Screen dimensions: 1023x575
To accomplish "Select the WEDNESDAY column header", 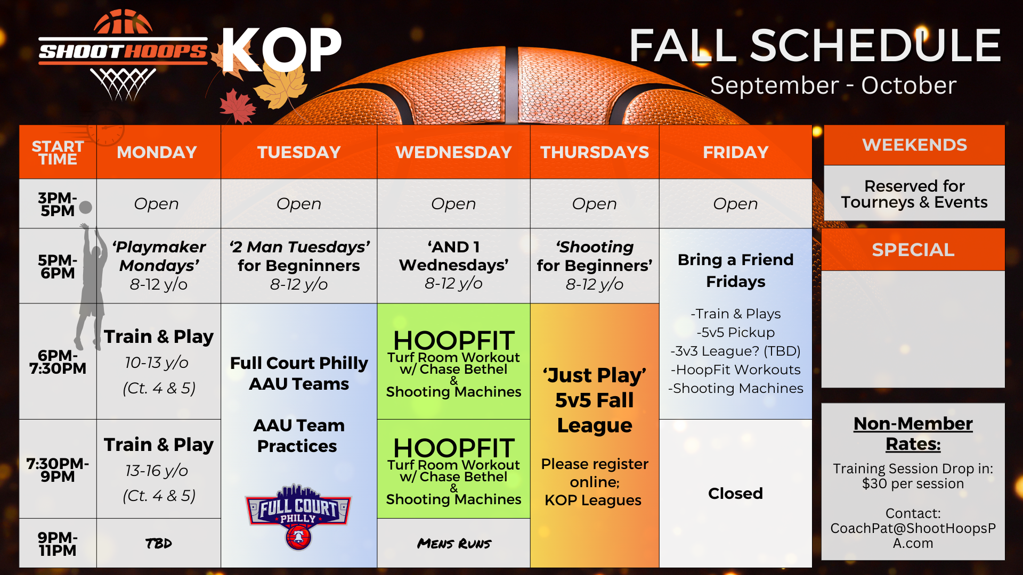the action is pos(453,152).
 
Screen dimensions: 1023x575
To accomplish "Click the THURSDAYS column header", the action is pos(595,152).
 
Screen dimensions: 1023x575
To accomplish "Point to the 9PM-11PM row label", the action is pos(58,544).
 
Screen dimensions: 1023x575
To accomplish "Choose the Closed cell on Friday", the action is pos(735,494).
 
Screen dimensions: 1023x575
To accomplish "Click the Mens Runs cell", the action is pos(453,543).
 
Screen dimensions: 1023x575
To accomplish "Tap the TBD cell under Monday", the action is pos(159,543).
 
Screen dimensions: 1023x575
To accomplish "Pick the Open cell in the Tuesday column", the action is pos(299,203).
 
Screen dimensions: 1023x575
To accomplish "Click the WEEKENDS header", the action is pos(914,145).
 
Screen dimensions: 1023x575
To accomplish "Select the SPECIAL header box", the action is pos(913,250).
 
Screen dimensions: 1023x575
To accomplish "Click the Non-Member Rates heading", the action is pos(913,433).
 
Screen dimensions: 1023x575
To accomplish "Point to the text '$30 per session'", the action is pos(913,483).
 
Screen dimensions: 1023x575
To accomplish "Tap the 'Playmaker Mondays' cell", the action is pos(159,266).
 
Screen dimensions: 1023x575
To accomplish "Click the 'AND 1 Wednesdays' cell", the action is pos(453,266).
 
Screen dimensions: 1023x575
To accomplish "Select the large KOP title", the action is pos(281,50).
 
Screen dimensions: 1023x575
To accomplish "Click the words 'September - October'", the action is pos(833,85).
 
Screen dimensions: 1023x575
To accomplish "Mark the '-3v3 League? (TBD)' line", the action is pos(735,351).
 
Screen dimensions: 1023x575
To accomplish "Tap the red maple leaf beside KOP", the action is pos(237,106).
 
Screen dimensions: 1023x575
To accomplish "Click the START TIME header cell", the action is pos(58,152).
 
